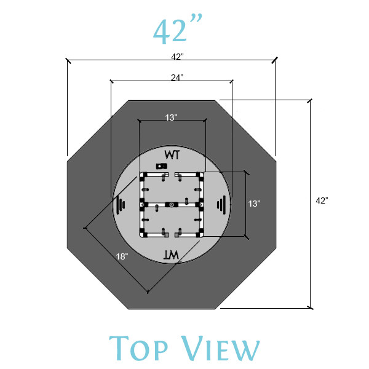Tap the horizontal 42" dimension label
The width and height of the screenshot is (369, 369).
tap(178, 57)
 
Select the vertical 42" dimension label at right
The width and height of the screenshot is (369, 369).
tap(322, 200)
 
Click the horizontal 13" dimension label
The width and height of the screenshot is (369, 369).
tap(172, 117)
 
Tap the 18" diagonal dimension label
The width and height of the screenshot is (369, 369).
tap(122, 256)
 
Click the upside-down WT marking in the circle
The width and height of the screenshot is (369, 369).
tap(170, 253)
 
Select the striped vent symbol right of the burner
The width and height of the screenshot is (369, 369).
tap(223, 204)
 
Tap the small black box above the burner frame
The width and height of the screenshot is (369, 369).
tap(162, 166)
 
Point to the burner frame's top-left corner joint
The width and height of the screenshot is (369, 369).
tap(143, 175)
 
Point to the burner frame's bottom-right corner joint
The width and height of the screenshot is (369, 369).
tap(200, 234)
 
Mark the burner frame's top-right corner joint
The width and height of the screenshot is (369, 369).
tap(200, 175)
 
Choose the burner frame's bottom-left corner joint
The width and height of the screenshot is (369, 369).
tap(143, 234)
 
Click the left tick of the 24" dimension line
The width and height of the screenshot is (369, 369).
tap(111, 81)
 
